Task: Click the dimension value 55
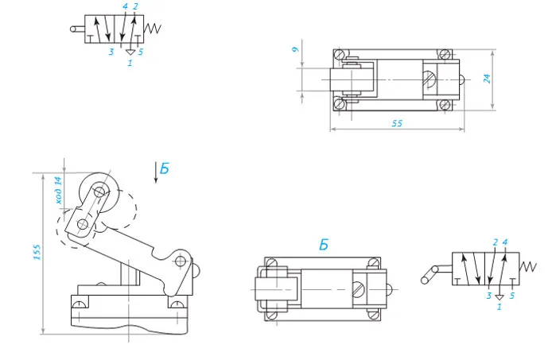397,123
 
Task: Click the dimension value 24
487,79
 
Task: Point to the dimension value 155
37,252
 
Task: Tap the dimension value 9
296,49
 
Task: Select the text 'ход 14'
58,191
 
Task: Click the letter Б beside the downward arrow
165,169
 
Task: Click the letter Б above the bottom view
324,245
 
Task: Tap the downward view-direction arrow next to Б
156,172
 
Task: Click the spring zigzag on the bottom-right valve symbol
527,267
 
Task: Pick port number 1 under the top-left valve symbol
130,63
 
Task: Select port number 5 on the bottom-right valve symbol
512,296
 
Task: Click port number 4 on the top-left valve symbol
125,6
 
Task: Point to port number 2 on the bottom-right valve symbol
496,242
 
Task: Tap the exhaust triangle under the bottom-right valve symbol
500,297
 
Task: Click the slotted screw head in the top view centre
429,79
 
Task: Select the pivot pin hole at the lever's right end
181,261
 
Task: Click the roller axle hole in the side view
99,192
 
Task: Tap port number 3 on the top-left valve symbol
111,52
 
